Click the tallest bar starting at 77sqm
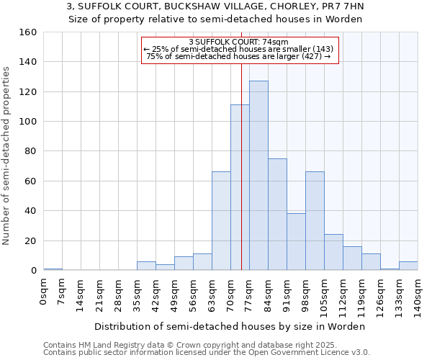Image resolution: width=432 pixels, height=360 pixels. (258, 176)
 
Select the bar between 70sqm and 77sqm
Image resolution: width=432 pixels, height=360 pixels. (240, 187)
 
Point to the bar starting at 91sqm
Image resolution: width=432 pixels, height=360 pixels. (296, 242)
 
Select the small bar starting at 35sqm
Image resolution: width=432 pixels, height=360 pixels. (146, 266)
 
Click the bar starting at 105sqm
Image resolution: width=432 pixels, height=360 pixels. (333, 252)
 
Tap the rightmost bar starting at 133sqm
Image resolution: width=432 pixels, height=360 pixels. (408, 266)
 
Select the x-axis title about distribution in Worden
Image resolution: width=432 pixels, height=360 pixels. (230, 326)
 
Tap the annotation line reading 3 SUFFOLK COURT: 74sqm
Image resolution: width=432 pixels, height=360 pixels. (238, 42)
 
